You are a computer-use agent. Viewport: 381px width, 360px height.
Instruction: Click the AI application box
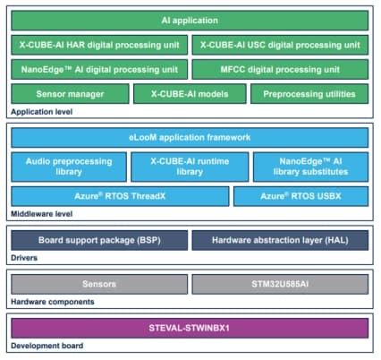tap(190, 20)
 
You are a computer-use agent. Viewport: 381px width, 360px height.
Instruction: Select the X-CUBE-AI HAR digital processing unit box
tap(99, 44)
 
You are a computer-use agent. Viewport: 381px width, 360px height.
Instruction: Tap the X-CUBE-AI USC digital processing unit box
tap(280, 44)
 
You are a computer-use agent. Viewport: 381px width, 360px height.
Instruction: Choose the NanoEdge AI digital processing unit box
tap(99, 69)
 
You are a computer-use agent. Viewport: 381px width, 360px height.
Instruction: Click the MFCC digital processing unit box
tap(280, 69)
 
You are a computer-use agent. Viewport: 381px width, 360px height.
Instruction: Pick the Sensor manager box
tap(69, 93)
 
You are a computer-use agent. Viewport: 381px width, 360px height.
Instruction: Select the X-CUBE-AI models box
tap(189, 93)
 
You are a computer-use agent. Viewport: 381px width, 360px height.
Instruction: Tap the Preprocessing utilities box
tap(309, 93)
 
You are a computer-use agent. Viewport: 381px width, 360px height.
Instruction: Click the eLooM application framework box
tap(190, 138)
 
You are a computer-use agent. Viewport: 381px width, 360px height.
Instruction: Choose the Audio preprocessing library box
tap(69, 167)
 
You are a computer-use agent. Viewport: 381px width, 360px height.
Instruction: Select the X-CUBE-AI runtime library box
tap(189, 167)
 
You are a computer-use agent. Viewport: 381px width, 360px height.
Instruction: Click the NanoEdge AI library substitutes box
tap(309, 167)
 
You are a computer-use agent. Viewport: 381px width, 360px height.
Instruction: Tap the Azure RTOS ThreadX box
tap(119, 196)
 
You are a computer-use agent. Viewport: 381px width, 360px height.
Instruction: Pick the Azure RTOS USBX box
tap(301, 196)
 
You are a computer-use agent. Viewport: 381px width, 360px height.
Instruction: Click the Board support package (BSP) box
tap(99, 240)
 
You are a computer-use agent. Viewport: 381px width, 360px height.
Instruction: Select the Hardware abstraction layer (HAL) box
tap(280, 240)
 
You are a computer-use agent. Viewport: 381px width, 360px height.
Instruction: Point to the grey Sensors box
tap(99, 284)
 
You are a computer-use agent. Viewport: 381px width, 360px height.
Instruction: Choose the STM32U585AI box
tap(280, 284)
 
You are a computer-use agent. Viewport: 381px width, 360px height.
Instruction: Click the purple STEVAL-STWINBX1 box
tap(190, 327)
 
